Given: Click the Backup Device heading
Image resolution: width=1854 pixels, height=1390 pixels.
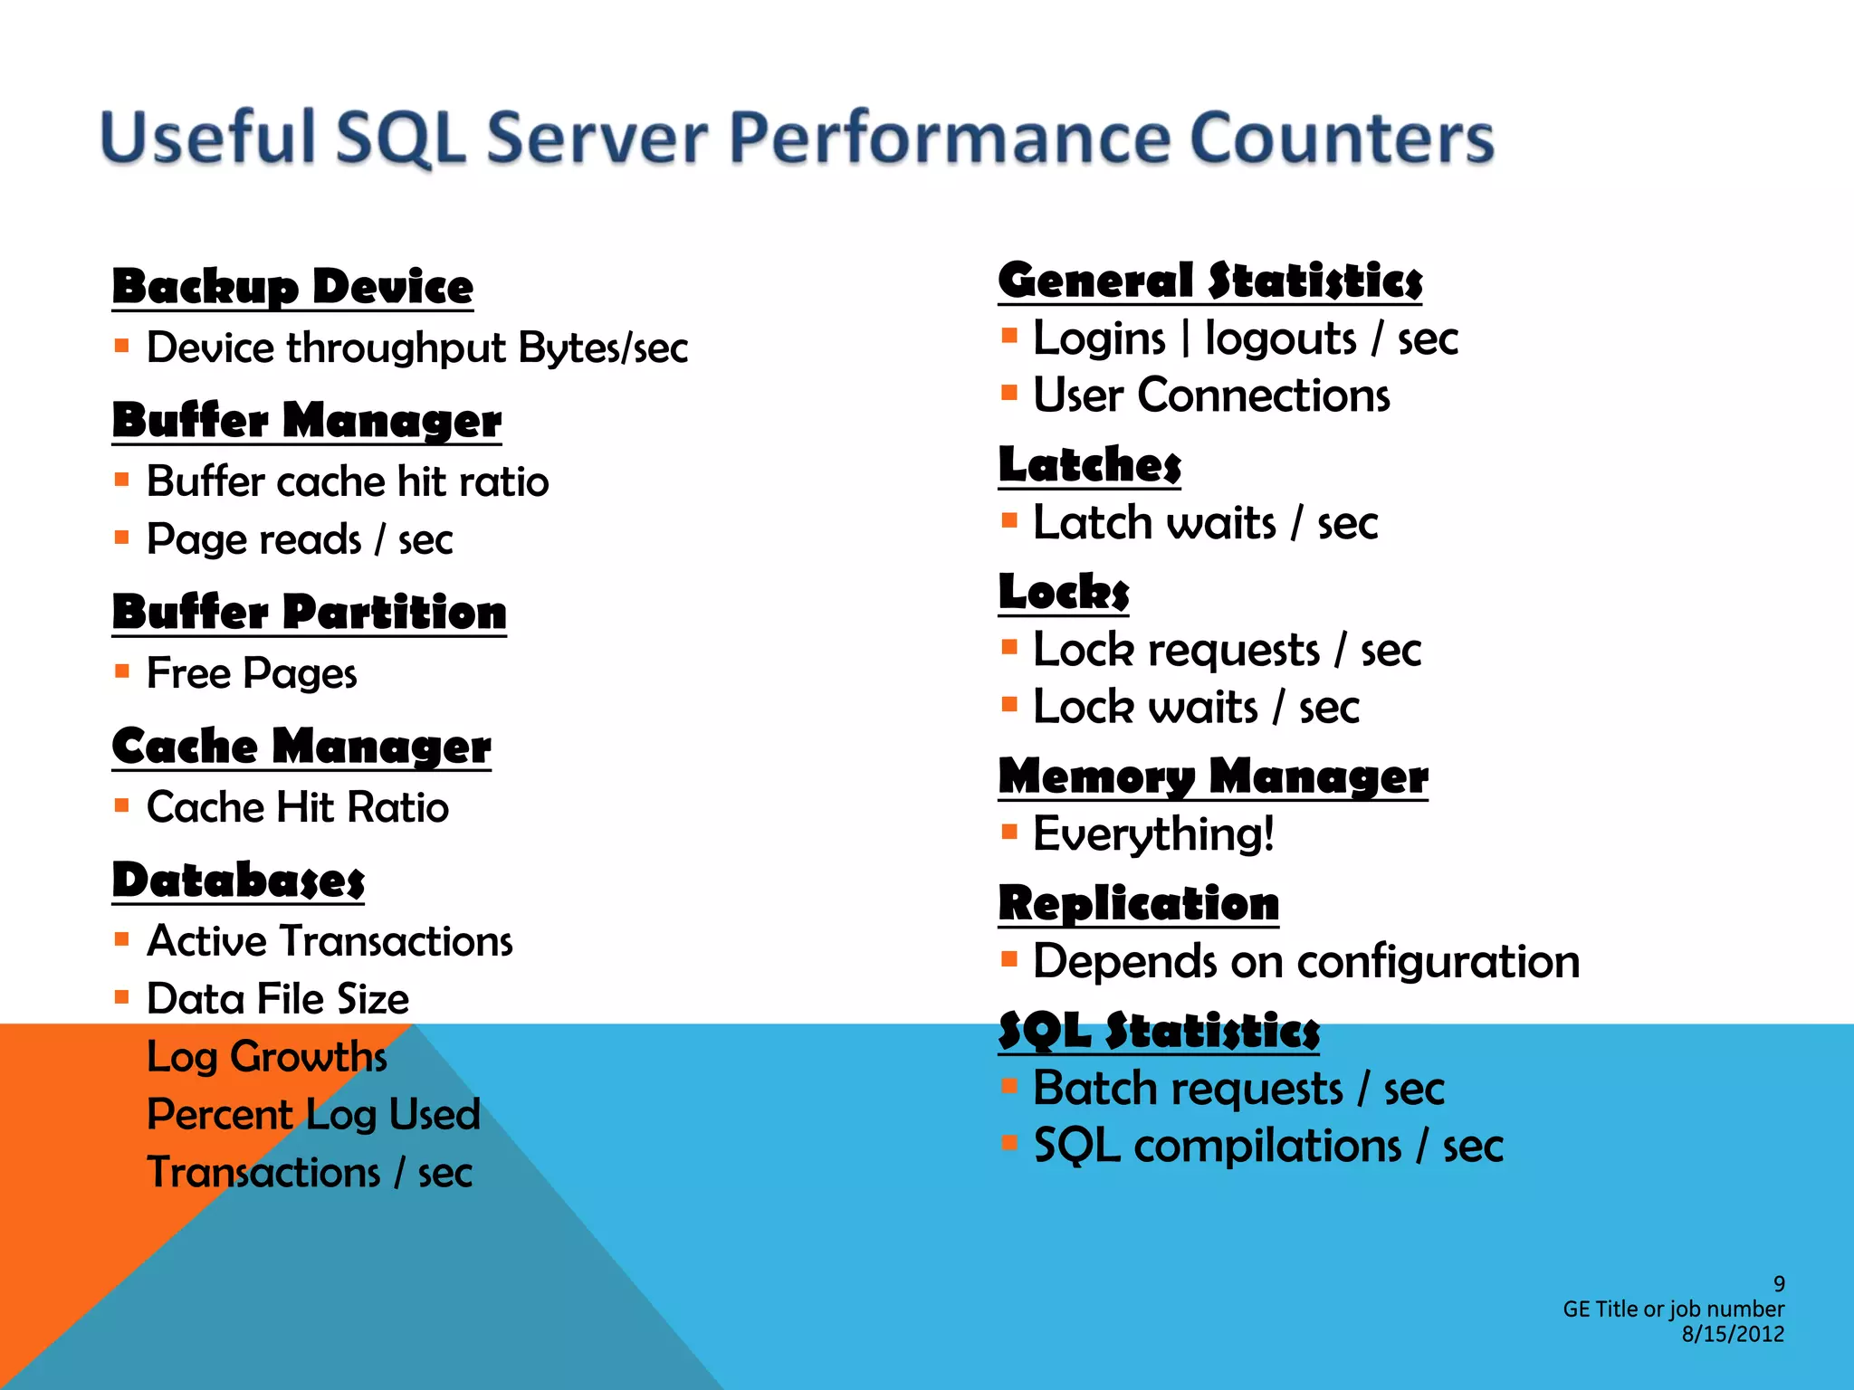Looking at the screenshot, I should coord(292,287).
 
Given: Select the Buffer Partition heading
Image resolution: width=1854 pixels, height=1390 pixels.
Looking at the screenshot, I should coord(309,612).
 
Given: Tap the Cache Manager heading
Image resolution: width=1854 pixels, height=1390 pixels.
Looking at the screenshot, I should coord(301,747).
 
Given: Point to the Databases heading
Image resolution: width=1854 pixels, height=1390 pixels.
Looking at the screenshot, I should coord(238,881).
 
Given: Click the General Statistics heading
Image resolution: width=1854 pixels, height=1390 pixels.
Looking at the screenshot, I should coord(1209,281).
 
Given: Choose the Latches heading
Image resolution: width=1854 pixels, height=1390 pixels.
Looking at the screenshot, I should coord(1089,465).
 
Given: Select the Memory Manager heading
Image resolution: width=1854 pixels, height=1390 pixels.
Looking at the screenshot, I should coord(1213,776).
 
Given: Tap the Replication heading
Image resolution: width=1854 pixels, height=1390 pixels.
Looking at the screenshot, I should coord(1138,903).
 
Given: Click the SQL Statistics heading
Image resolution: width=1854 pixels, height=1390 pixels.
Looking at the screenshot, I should coord(1159,1031).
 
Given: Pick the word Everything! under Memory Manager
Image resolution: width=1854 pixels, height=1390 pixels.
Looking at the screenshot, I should coord(1153,833).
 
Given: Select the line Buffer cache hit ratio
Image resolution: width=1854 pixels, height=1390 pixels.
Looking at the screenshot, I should coord(348,481).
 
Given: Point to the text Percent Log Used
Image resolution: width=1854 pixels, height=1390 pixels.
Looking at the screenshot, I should coord(313,1114).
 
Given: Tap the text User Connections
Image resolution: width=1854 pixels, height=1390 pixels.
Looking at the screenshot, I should coord(1211,395).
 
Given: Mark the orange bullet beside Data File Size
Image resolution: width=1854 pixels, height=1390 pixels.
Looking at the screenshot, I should coord(122,996).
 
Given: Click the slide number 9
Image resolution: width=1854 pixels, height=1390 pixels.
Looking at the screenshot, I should coord(1779,1283).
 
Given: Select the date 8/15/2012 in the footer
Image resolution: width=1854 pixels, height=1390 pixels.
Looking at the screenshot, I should coord(1733,1334).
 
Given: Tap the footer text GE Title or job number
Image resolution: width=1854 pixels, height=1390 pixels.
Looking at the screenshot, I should coord(1673,1309).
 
